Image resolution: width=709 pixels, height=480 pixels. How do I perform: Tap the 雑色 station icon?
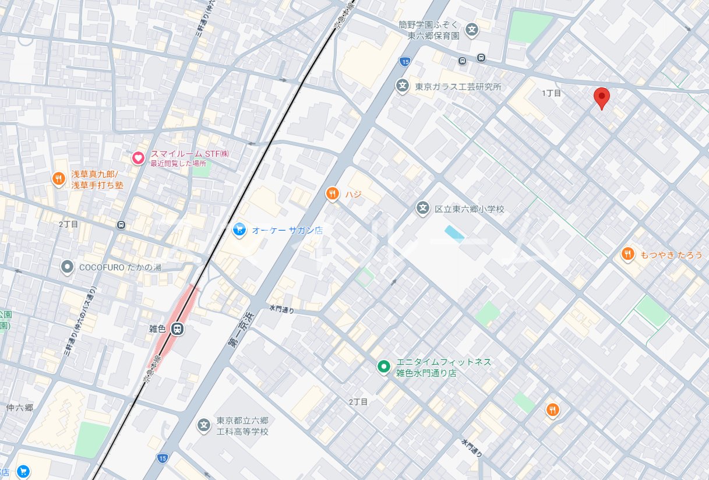click(x=178, y=329)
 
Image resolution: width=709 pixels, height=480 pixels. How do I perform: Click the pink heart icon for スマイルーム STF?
click(x=138, y=158)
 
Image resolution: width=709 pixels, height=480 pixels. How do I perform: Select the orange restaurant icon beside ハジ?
click(x=332, y=193)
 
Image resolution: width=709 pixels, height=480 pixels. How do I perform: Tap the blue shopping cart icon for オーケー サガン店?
click(x=238, y=230)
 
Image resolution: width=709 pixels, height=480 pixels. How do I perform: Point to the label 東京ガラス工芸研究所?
click(x=457, y=87)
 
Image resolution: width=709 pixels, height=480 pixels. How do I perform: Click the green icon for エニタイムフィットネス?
click(x=383, y=366)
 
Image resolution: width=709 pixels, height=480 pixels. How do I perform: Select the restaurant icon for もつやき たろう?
click(x=627, y=254)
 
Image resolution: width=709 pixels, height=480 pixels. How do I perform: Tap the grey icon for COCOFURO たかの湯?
click(x=68, y=267)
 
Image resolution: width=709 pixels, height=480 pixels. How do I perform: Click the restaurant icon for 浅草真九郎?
click(x=58, y=179)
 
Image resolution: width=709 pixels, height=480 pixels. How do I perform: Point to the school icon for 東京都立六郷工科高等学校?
click(x=203, y=426)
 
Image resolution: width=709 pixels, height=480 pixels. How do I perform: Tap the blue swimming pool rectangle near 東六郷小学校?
click(x=454, y=233)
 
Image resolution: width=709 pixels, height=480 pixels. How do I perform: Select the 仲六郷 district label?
click(x=19, y=407)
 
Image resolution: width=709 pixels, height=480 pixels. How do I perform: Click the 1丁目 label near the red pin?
click(x=551, y=93)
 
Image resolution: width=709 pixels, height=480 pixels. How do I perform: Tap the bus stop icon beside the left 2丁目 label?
click(x=121, y=224)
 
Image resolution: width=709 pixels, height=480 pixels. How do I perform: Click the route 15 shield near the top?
click(x=404, y=61)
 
